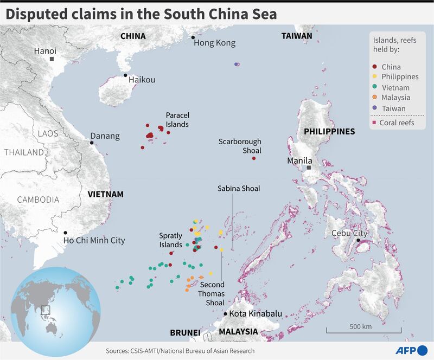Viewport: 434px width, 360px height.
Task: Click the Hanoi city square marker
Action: click(x=52, y=59)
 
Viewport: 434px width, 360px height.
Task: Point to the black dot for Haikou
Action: click(x=125, y=75)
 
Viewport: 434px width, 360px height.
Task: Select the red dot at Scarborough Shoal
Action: click(x=254, y=158)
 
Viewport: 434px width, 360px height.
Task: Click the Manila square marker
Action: click(x=309, y=168)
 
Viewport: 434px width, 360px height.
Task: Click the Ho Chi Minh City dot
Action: click(x=65, y=233)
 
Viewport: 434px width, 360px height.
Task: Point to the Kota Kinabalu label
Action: click(x=254, y=314)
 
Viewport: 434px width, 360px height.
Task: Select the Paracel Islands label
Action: click(x=177, y=120)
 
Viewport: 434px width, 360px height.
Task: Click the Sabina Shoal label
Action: click(x=239, y=189)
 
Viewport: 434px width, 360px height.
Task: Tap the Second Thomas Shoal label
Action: click(x=213, y=293)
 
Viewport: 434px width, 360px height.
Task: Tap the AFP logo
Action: click(x=411, y=350)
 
